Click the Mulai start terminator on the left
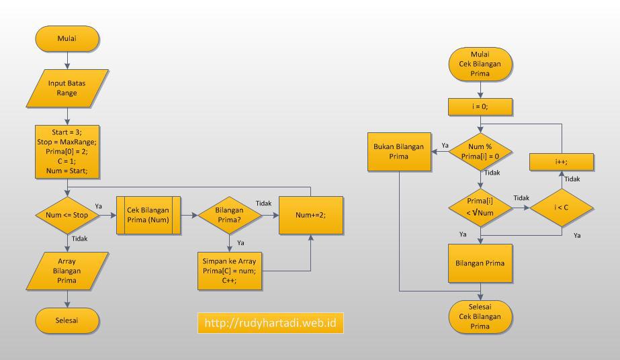coord(67,39)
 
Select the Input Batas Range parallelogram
coord(67,88)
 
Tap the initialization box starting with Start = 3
coord(67,151)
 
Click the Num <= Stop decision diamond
coord(67,216)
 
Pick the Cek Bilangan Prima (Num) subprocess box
coord(148,216)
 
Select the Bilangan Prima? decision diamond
coord(229,216)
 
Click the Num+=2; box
coord(310,216)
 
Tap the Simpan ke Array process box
coord(229,271)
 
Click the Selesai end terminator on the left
coord(67,320)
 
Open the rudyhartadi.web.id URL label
coord(271,323)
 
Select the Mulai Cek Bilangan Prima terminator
coord(480,64)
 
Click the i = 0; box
coord(480,106)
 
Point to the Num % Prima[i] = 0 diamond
coord(480,151)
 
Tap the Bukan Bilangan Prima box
coord(399,151)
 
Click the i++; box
coord(562,162)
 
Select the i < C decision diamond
coord(562,208)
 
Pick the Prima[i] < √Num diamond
coord(480,208)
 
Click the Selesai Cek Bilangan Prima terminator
coord(480,316)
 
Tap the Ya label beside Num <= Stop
coord(99,206)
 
